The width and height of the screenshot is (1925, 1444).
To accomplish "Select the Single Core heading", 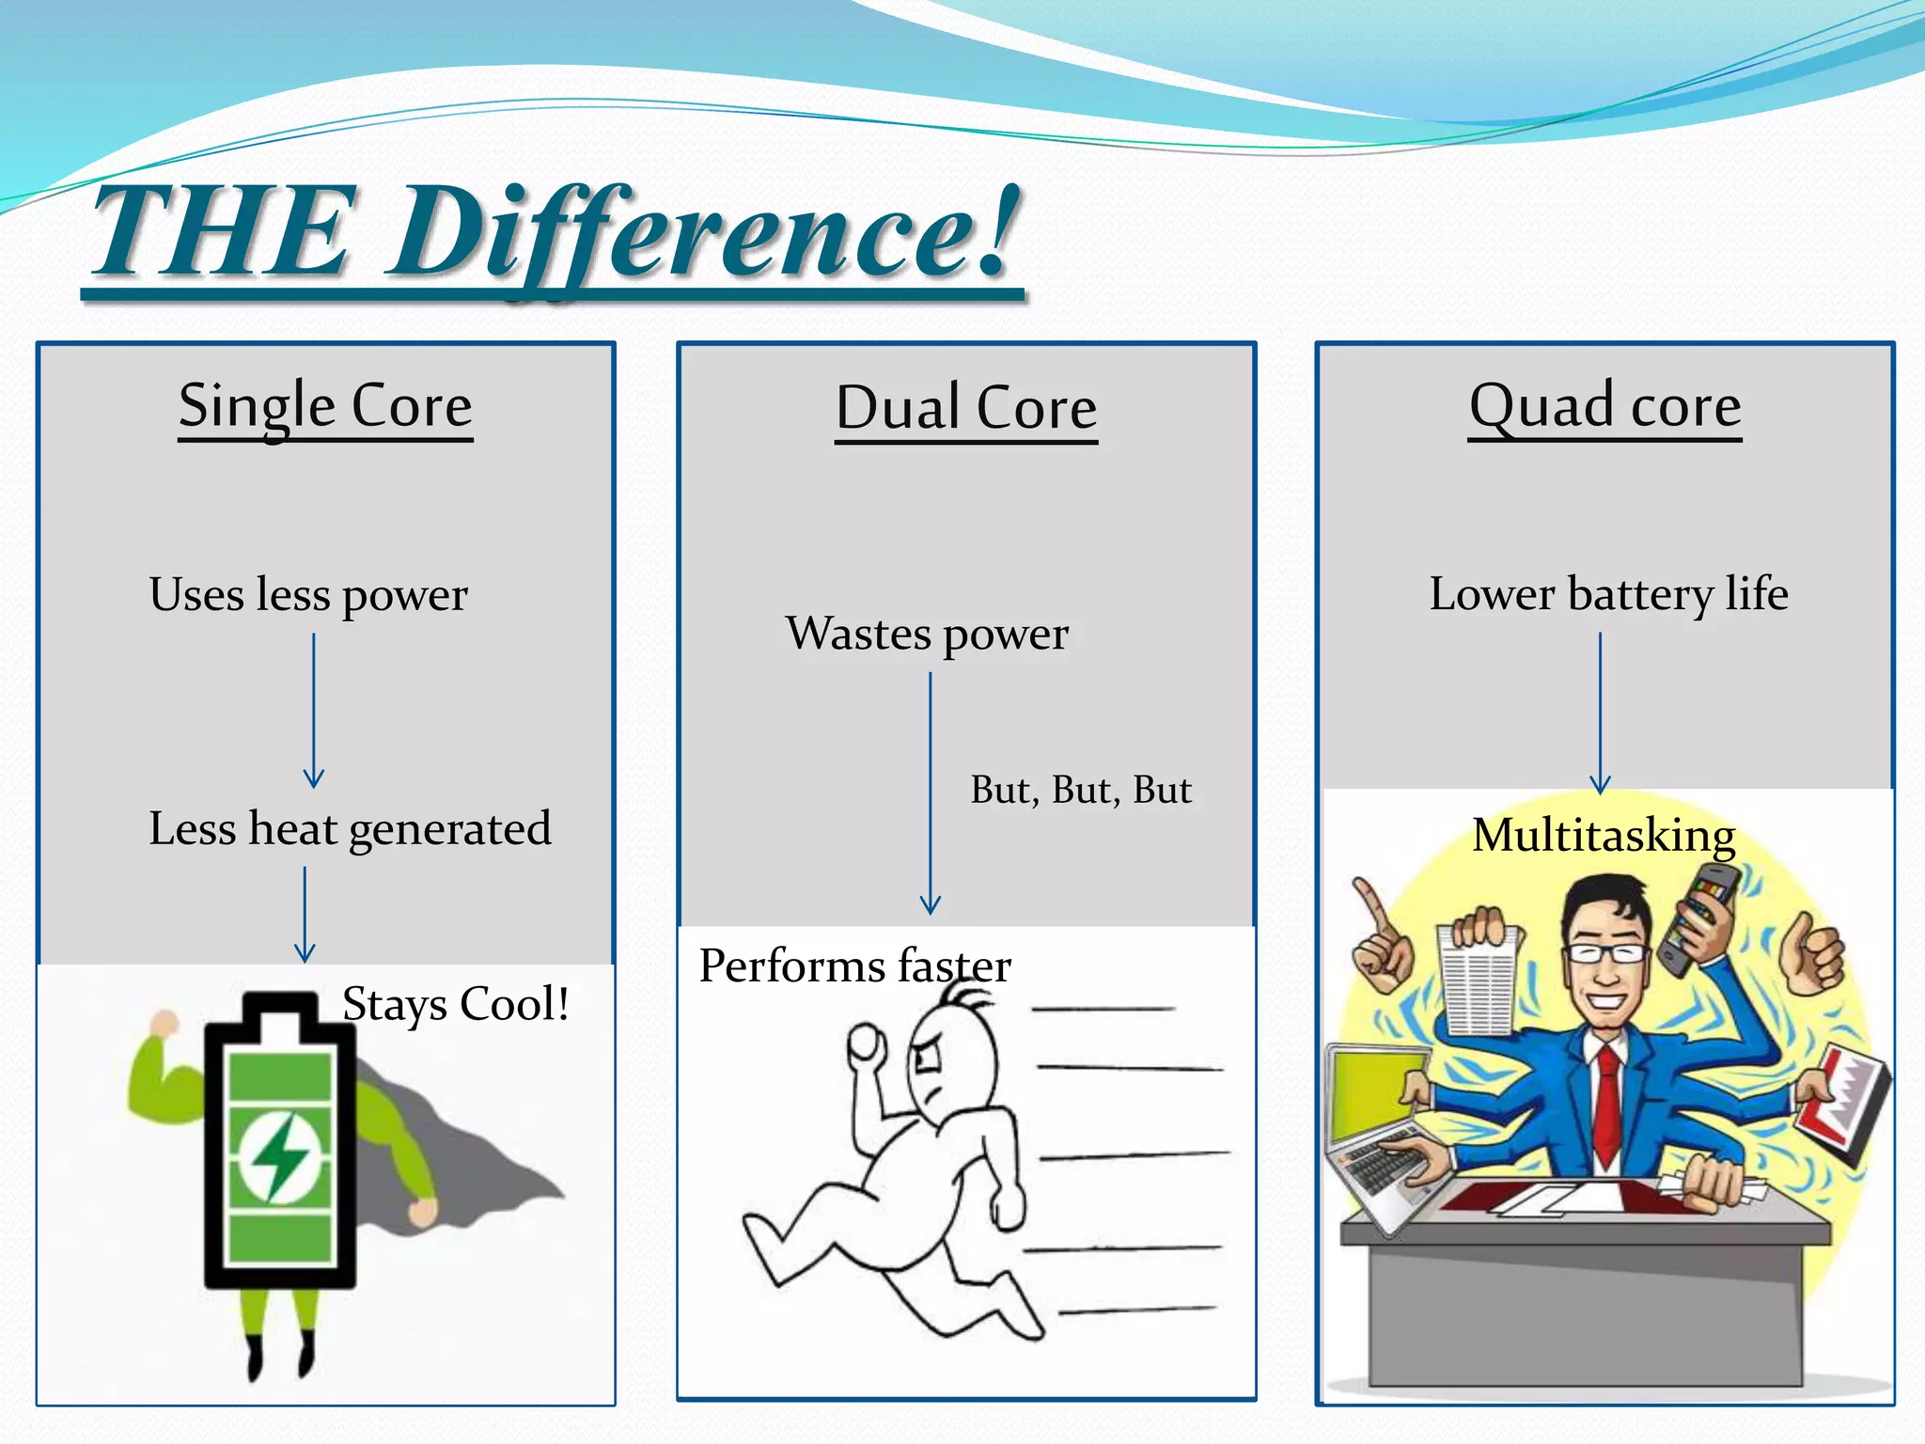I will [x=325, y=406].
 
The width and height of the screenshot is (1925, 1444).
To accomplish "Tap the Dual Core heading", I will [x=966, y=408].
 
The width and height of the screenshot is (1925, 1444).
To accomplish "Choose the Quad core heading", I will [x=1604, y=406].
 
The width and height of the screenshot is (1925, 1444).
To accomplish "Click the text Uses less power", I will [x=308, y=594].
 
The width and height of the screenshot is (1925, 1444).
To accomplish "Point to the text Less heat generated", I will [x=350, y=829].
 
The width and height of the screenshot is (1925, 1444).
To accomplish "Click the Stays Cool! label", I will [x=456, y=1004].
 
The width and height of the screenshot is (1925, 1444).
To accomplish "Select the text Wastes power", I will [x=927, y=634].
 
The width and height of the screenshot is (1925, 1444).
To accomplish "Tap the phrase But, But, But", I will [x=1080, y=790].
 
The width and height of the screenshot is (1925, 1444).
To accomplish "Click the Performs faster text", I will [x=854, y=966].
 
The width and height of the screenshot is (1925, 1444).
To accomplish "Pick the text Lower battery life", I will [x=1608, y=594].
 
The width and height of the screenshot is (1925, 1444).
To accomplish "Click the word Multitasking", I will [x=1604, y=835].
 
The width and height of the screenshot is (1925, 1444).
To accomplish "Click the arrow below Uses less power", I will [x=314, y=711].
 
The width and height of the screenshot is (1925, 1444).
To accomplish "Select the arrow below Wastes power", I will [x=930, y=794].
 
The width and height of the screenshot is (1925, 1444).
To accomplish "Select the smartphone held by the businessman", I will [x=1698, y=917].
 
